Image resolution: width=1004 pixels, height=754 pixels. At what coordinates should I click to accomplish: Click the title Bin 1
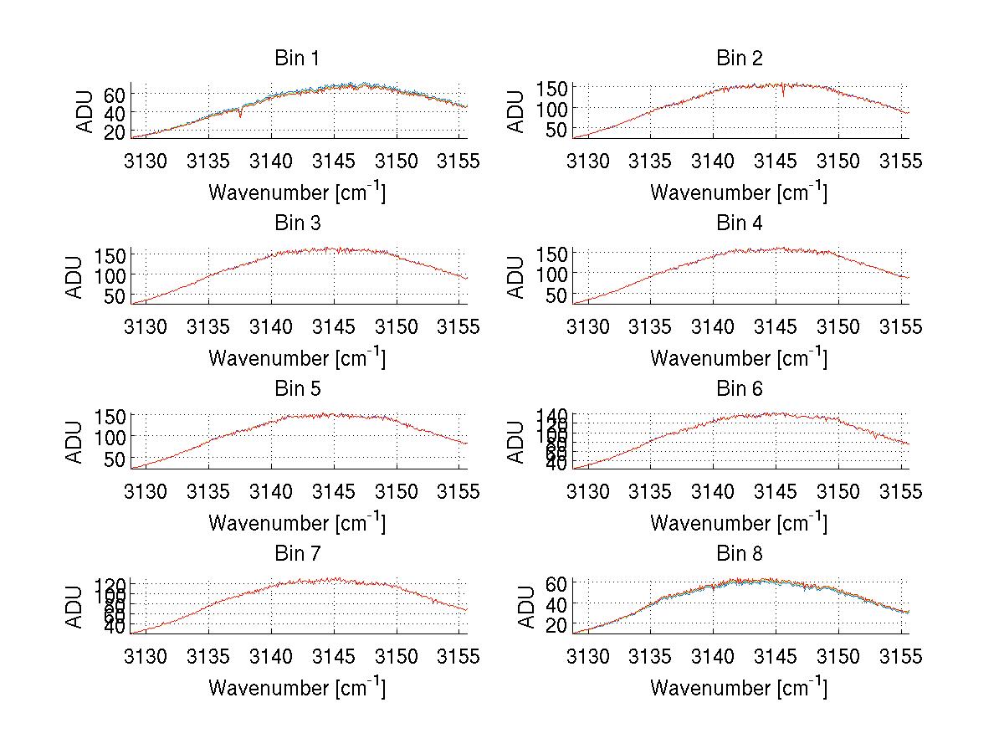point(297,59)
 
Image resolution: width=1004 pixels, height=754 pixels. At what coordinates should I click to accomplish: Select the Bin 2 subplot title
point(740,59)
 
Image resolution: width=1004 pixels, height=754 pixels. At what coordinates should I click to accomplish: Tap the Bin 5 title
point(297,389)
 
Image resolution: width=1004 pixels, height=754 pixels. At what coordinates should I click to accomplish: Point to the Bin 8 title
point(740,554)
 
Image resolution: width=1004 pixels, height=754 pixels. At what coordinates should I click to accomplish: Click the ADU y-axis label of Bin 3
point(75,277)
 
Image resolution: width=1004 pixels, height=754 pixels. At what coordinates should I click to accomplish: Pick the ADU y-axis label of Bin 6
point(517,442)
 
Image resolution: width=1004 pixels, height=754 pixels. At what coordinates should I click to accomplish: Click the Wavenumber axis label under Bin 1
point(297,192)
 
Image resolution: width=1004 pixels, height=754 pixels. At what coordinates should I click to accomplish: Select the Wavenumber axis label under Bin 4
point(739,358)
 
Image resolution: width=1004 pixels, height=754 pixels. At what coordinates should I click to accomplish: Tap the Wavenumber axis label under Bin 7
point(297,689)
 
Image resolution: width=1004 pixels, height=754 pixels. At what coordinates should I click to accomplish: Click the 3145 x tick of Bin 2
point(776,161)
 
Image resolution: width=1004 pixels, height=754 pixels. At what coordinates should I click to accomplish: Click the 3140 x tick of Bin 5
point(271,491)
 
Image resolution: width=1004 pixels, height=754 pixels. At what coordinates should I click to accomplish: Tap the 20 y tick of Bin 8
point(556,624)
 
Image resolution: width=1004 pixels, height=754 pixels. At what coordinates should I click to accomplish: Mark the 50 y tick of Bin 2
point(556,129)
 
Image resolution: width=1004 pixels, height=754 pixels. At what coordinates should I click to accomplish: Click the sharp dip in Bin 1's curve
point(240,115)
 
